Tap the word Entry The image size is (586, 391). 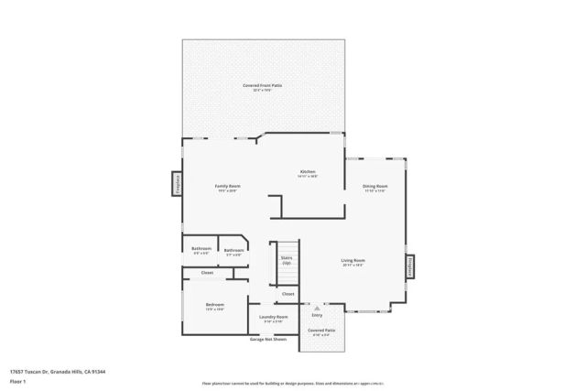click(317, 315)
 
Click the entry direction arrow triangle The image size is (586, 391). click(317, 309)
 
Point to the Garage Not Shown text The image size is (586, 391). click(268, 339)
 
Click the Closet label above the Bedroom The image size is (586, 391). click(207, 272)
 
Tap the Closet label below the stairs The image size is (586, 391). click(288, 294)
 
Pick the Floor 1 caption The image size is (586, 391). click(16, 381)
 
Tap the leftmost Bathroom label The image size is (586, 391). click(201, 249)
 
